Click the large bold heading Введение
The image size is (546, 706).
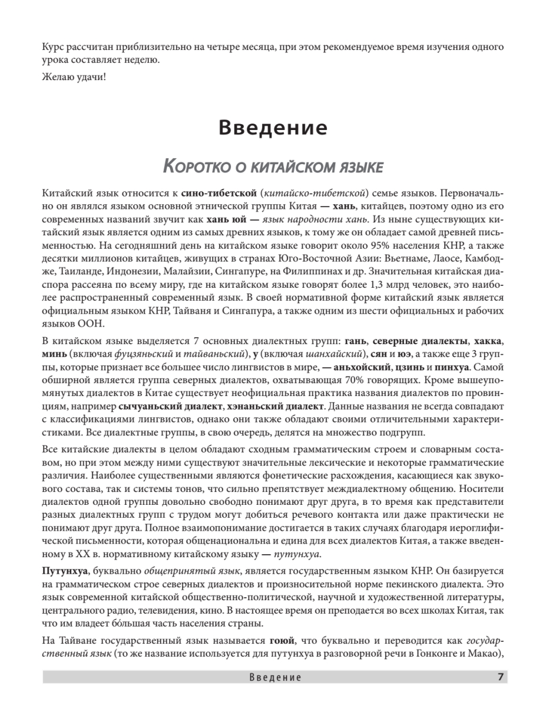coord(273,128)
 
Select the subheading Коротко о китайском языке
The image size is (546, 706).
coord(273,167)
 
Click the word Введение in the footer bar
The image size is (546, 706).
coord(275,678)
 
